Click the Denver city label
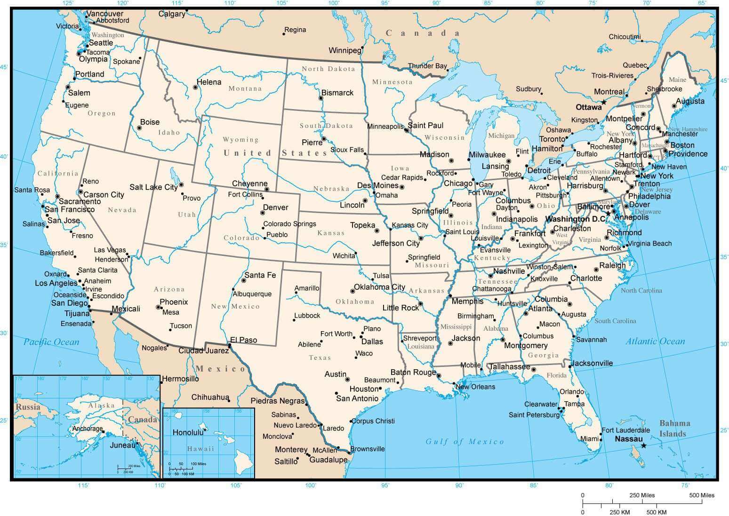(x=275, y=207)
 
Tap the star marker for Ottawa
(x=603, y=102)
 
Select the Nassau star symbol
(x=643, y=445)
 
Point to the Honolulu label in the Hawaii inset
(x=188, y=432)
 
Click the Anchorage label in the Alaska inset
(x=87, y=429)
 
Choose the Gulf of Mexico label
(x=465, y=441)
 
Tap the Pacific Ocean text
(x=51, y=342)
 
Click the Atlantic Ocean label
(x=655, y=341)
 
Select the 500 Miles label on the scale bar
(x=702, y=495)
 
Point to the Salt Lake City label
(x=153, y=187)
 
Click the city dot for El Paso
(x=230, y=346)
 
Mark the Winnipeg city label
(x=344, y=50)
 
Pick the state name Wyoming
(x=240, y=140)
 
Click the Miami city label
(x=589, y=439)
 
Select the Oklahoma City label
(x=379, y=287)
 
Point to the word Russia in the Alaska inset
(x=28, y=407)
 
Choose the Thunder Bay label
(x=427, y=66)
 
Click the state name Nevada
(x=122, y=210)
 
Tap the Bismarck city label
(x=337, y=93)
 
